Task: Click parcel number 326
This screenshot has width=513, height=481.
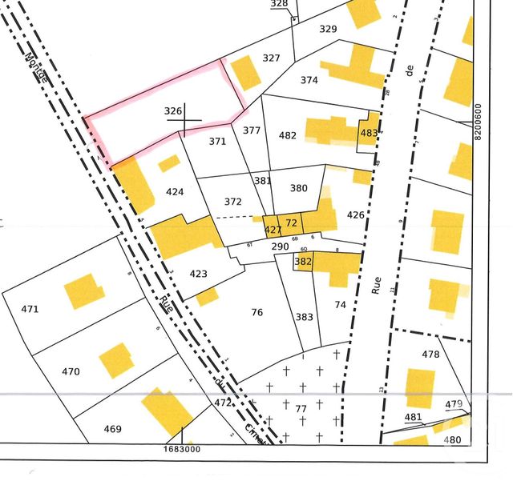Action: (173, 110)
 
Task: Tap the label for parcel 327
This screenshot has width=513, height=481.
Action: (271, 58)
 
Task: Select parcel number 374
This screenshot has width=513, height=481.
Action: (309, 80)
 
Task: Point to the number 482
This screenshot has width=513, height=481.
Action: (288, 136)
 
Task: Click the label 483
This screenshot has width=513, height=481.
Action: (369, 133)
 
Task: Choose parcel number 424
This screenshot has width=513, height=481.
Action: (175, 192)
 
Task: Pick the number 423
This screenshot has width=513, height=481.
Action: (199, 274)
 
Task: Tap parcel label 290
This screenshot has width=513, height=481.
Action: (279, 246)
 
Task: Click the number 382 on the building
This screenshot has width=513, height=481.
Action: (303, 261)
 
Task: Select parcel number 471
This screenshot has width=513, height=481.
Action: (30, 309)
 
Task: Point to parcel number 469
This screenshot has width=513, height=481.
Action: (112, 429)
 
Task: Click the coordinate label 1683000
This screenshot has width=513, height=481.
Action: (184, 450)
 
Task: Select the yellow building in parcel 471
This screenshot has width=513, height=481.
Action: (83, 292)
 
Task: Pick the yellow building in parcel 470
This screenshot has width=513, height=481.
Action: (116, 361)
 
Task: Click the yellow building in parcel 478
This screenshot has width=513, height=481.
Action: (419, 389)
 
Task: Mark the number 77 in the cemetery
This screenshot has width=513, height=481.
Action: (301, 409)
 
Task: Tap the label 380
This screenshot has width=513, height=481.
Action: (298, 188)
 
